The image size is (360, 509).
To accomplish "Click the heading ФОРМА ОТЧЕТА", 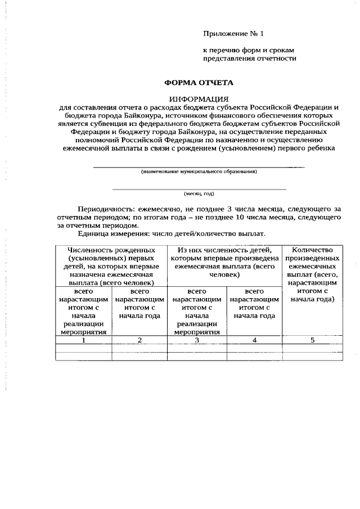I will [199, 83].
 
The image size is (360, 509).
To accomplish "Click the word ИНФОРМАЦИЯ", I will [199, 99].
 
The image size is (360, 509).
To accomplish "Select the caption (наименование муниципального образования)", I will [199, 172].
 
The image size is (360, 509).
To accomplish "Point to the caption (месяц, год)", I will [199, 193].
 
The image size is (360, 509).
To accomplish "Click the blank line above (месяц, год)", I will [199, 188].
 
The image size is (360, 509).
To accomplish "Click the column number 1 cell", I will [84, 340].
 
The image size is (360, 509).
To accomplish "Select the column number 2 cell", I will [139, 340].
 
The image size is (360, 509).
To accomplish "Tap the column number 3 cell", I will [197, 340].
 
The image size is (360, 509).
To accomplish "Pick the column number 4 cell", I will [254, 340].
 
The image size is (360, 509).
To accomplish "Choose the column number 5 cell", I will [312, 340].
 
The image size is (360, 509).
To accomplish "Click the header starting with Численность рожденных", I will [111, 266].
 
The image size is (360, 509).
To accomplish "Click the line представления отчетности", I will [249, 58].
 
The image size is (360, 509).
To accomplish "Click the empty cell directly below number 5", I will [312, 348].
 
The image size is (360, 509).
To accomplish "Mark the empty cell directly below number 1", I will [84, 348].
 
